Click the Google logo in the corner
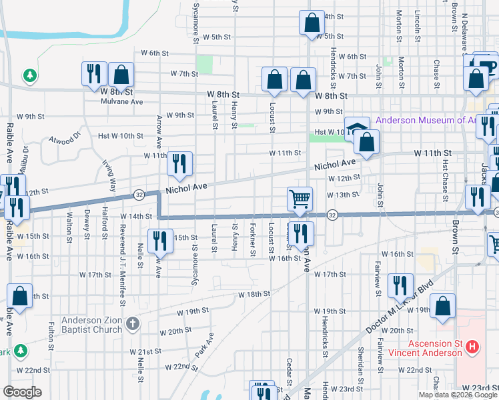22,392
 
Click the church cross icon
133,324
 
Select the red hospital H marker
472,347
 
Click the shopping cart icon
300,198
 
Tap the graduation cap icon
357,127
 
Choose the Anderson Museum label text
427,121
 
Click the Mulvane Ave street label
122,102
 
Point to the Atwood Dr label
63,139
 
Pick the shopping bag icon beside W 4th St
312,23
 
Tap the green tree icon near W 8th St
29,76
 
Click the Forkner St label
254,242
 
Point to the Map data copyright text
458,395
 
